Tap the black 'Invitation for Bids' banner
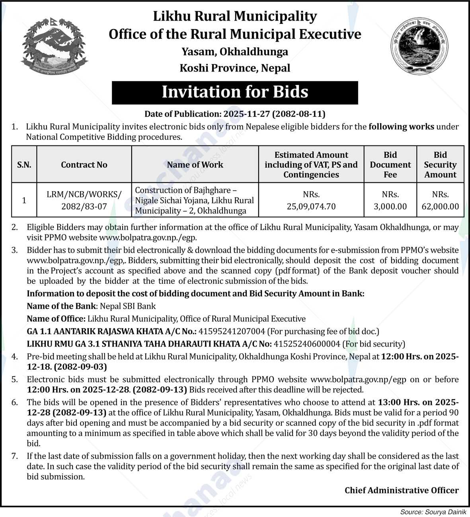pos(235,92)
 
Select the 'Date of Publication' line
pos(235,114)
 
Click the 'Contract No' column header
pos(84,165)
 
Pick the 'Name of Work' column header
pos(195,165)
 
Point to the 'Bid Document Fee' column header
pos(390,165)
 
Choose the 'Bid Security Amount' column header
pos(440,165)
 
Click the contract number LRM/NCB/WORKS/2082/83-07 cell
pos(84,200)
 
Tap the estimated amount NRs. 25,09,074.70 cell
pos(311,200)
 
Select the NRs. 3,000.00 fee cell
pos(390,200)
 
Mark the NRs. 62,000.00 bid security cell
pos(440,200)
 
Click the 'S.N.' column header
pos(24,165)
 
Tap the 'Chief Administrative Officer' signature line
pos(402,490)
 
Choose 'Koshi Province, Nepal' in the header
pos(235,68)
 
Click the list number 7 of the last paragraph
pos(15,456)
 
